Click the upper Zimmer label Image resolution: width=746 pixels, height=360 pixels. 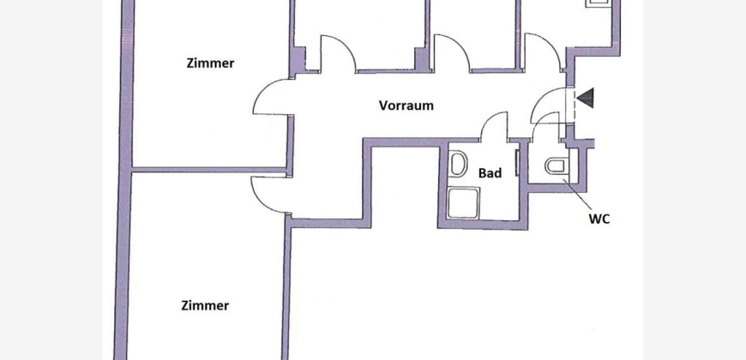coord(210,63)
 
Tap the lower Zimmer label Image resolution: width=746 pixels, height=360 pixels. coord(205,305)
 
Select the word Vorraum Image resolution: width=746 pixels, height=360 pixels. coord(406,105)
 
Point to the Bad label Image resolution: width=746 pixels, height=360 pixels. coord(490,173)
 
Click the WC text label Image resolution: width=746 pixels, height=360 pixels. coord(599,219)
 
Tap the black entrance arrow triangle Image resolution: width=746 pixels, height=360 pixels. coord(586,98)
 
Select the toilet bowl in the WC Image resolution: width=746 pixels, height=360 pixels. coord(556,166)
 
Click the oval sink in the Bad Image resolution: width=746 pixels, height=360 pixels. coord(459,164)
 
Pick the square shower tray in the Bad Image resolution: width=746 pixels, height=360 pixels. coord(464,203)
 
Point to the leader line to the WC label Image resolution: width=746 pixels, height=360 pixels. coord(578,195)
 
